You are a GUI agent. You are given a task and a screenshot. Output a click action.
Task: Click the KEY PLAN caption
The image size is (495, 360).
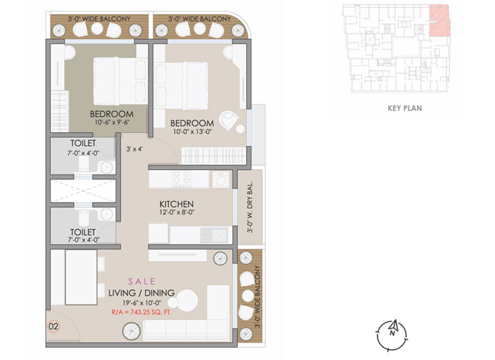[x=405, y=108]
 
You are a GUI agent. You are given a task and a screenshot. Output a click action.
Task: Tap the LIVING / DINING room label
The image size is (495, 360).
[x=142, y=292]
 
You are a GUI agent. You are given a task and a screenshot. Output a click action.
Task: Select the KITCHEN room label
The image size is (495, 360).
[x=177, y=204]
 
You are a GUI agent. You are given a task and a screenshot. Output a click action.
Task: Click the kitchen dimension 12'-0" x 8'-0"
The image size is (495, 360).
[x=177, y=213]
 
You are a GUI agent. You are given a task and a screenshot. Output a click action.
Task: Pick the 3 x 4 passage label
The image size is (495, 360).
[x=135, y=148]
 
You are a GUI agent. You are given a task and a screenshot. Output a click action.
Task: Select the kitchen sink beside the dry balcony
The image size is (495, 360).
[x=216, y=234]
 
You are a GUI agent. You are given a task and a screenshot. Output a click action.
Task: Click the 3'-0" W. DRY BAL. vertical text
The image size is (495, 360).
[x=250, y=207]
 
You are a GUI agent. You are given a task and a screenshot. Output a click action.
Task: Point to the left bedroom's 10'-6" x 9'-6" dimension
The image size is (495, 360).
[x=112, y=122]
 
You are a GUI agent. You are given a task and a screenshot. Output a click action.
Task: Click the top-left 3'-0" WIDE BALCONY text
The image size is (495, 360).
[x=99, y=19]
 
